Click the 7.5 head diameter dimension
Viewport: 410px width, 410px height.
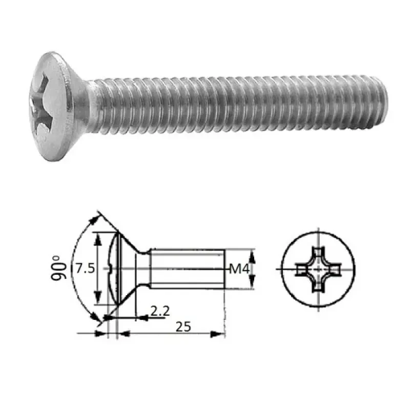(x=85, y=269)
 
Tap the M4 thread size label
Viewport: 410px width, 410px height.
(x=240, y=269)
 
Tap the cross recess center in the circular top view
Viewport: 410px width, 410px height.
(x=318, y=269)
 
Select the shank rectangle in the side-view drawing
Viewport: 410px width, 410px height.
(x=188, y=269)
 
